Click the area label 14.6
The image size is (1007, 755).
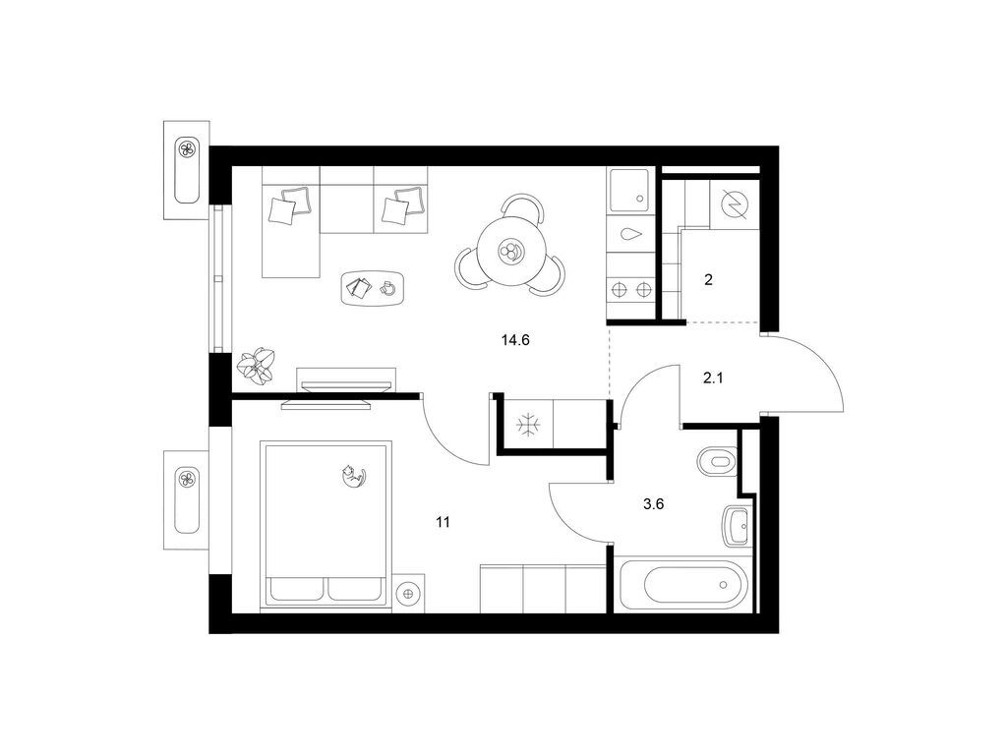515,340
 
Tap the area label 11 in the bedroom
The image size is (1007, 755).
443,523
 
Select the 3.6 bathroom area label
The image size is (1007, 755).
653,504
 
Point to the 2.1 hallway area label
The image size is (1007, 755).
713,378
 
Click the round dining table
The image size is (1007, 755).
511,251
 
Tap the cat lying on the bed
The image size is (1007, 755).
353,476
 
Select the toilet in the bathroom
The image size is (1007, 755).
717,461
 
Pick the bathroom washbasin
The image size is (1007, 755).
738,527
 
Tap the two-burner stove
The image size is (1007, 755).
630,290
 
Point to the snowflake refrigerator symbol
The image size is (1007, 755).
529,425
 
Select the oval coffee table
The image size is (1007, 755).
373,287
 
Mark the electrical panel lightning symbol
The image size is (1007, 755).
735,204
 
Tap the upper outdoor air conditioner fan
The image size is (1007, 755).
187,149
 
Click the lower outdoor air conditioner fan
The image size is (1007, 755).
188,479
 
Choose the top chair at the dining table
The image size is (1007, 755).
521,206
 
